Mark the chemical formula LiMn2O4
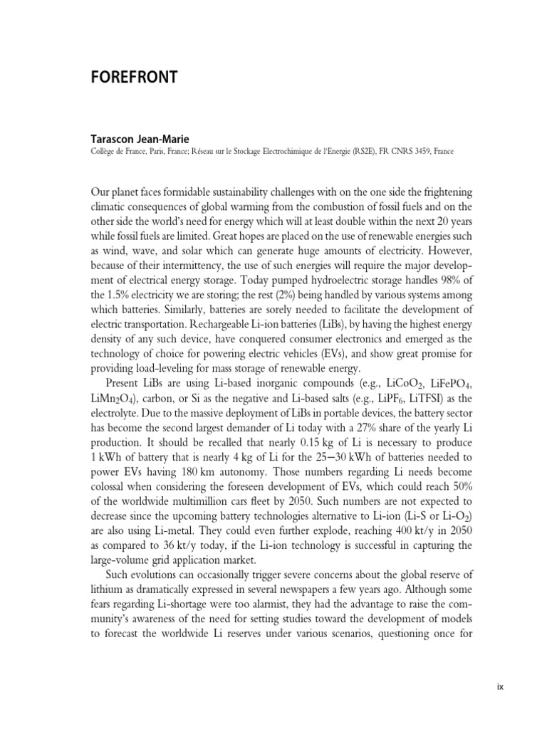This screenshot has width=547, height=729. [x=118, y=399]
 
